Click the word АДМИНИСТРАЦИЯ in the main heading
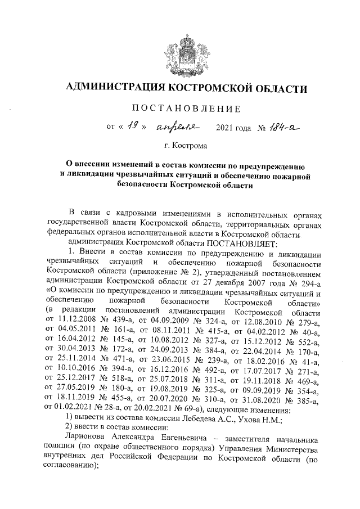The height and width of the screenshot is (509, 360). point(116,88)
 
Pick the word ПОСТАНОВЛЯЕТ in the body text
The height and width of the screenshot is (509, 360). point(236,243)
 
